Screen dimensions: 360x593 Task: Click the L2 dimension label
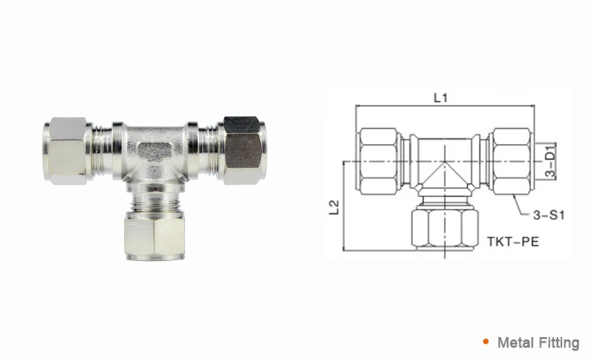pos(335,207)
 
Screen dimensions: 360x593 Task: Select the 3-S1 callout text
pos(546,214)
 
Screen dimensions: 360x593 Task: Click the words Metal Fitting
pos(538,343)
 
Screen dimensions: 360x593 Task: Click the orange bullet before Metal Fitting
pos(485,342)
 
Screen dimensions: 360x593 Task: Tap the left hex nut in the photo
pos(68,150)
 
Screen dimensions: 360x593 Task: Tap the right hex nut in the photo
pos(244,149)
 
